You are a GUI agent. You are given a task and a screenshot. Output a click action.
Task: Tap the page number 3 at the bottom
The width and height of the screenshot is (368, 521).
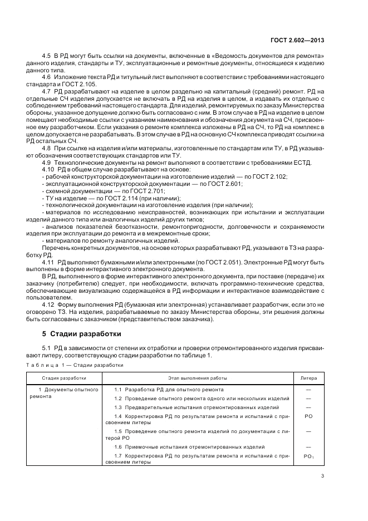coord(322,475)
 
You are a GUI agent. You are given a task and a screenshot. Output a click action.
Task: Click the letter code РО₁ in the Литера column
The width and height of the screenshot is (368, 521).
coord(308,456)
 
